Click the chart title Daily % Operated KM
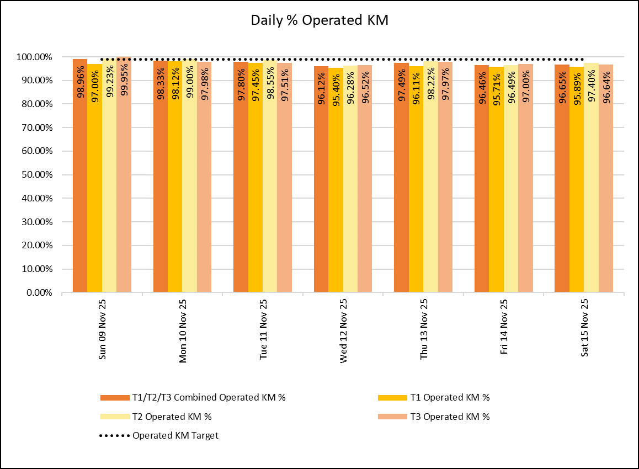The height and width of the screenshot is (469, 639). [x=319, y=20]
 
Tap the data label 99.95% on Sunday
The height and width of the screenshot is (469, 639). [x=124, y=83]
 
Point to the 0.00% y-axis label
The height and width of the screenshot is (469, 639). [x=39, y=293]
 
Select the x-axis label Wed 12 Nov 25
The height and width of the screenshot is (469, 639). [x=344, y=330]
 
